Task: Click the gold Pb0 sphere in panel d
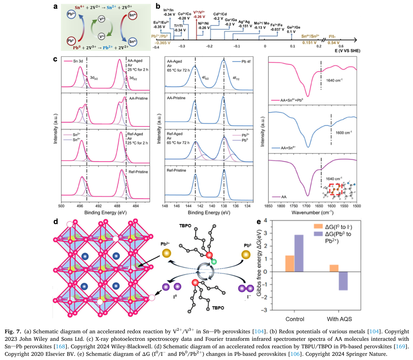[247, 254]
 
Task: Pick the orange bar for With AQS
[333, 268]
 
